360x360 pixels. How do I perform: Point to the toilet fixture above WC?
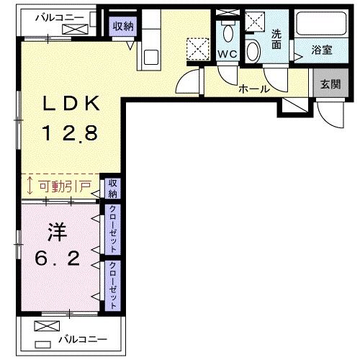pyautogui.click(x=228, y=32)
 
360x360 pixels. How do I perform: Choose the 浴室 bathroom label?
pyautogui.click(x=322, y=51)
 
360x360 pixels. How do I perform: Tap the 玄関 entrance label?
pyautogui.click(x=330, y=84)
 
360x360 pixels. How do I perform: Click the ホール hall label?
pyautogui.click(x=254, y=89)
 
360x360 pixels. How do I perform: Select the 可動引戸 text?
pyautogui.click(x=64, y=186)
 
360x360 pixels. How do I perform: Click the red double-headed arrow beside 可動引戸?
pyautogui.click(x=29, y=186)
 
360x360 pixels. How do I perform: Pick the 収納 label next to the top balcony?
pyautogui.click(x=123, y=27)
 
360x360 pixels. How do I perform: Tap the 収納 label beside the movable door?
pyautogui.click(x=114, y=189)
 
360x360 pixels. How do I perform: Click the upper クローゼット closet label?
pyautogui.click(x=114, y=228)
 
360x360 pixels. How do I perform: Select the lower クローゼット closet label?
pyautogui.click(x=114, y=285)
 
